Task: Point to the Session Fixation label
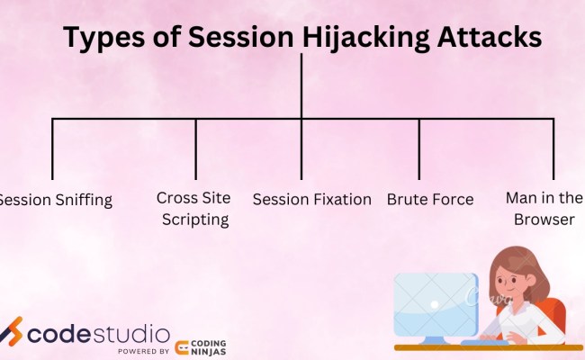tap(311, 199)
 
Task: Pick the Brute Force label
tap(429, 199)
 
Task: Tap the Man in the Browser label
tap(544, 208)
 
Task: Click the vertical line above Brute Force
tap(419, 149)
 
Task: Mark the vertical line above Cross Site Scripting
tap(196, 149)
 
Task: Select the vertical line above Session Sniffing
tap(52, 149)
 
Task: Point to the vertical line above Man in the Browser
tap(553, 149)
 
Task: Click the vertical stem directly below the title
tap(302, 85)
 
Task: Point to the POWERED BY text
tap(144, 351)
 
